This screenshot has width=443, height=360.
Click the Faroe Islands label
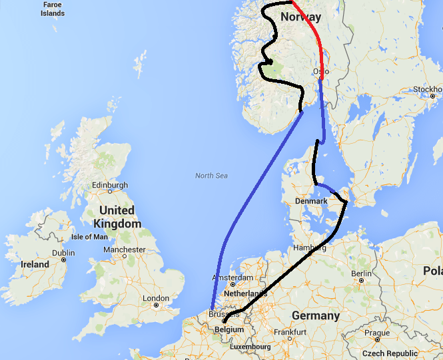tap(52, 9)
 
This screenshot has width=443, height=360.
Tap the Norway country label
tap(300, 17)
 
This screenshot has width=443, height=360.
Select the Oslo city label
tap(320, 71)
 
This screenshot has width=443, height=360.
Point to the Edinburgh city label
tap(110, 185)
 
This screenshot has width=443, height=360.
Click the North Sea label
tap(211, 176)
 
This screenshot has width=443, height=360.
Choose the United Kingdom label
tap(117, 217)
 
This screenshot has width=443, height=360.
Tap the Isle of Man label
tap(89, 237)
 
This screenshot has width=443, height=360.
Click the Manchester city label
tap(124, 250)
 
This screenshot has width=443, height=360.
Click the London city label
tap(156, 298)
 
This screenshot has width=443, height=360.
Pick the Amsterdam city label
tap(232, 277)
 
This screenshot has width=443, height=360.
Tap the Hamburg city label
tap(310, 248)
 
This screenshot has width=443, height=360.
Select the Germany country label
tap(315, 315)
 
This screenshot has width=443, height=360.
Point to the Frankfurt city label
tap(293, 331)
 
